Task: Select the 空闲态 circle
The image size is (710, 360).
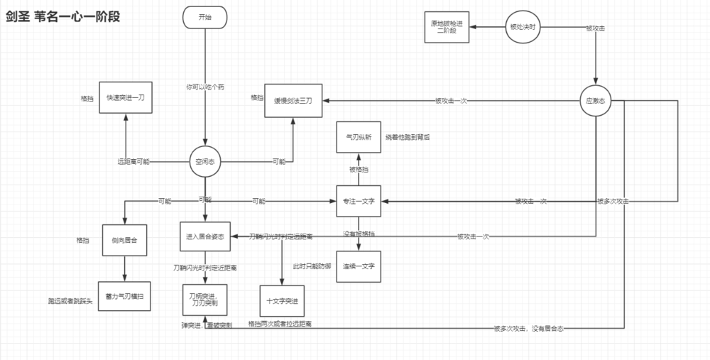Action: click(x=205, y=162)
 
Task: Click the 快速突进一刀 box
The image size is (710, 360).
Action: click(x=125, y=97)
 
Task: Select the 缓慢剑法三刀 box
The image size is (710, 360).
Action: click(x=293, y=100)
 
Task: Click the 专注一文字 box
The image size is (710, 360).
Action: click(x=359, y=202)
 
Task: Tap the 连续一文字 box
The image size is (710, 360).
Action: click(x=359, y=266)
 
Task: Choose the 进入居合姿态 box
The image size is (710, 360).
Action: click(x=206, y=237)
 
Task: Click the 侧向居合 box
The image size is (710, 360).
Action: click(x=125, y=239)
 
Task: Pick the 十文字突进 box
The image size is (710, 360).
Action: click(x=281, y=300)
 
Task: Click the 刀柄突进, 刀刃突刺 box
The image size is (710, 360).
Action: click(x=206, y=300)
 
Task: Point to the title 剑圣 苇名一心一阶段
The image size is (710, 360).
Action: click(x=62, y=16)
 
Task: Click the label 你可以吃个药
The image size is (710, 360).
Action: click(x=205, y=87)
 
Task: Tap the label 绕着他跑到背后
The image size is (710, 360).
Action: click(x=408, y=137)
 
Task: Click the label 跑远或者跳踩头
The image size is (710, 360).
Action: click(x=70, y=301)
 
